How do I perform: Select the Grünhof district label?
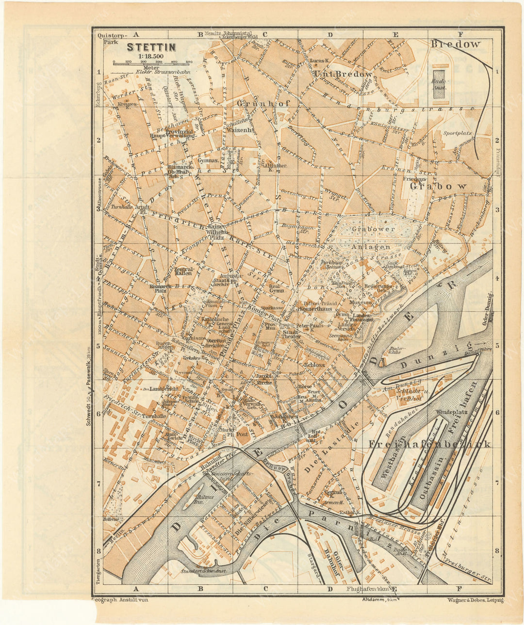coord(257,103)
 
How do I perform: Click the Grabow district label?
coord(438,186)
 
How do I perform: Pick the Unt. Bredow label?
coord(344,74)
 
